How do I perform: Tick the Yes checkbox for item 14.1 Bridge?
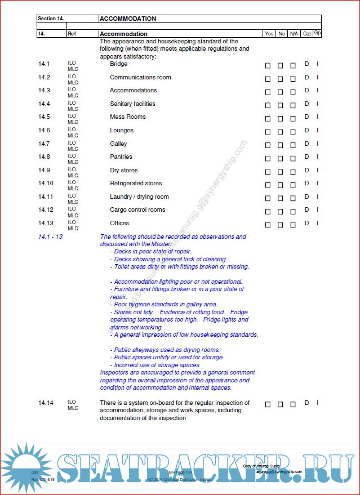click(268, 66)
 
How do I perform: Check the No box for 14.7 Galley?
click(281, 145)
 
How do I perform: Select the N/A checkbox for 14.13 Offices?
click(293, 225)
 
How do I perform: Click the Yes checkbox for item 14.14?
click(268, 404)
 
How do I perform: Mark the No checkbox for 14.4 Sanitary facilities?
click(281, 105)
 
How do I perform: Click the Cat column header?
click(306, 34)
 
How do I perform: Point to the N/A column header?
click(294, 34)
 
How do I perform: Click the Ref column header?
click(72, 34)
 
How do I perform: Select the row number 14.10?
click(46, 184)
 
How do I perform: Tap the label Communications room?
click(140, 77)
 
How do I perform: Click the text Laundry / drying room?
click(139, 197)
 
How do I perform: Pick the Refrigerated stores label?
click(136, 183)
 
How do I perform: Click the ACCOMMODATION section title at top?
click(128, 19)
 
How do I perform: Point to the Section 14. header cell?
click(51, 19)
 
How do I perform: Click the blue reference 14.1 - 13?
click(50, 237)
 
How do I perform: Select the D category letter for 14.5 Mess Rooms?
click(307, 117)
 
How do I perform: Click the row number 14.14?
click(46, 403)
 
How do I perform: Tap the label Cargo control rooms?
click(137, 209)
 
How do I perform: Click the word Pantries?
click(121, 157)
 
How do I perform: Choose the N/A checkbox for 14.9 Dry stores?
click(293, 172)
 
